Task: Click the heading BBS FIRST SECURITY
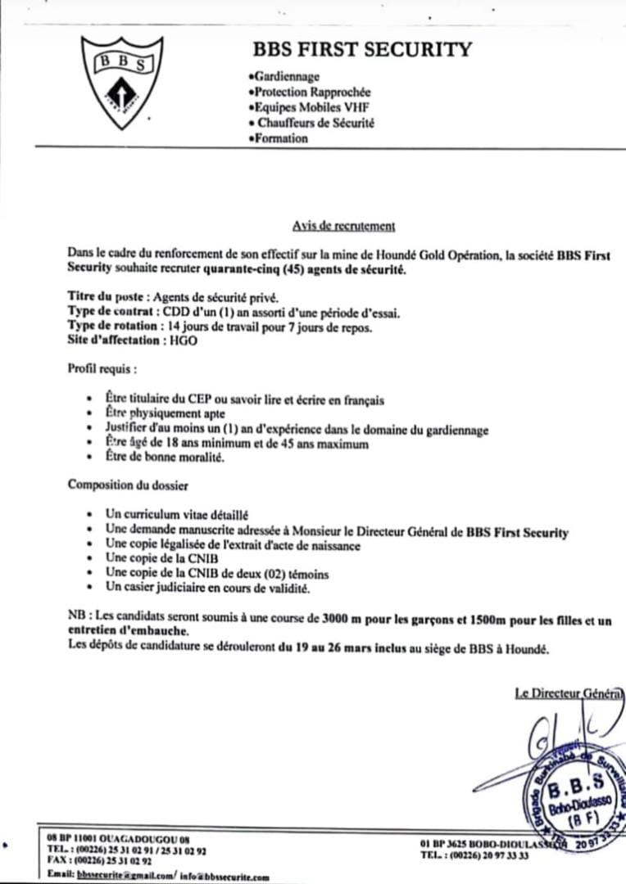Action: pos(361,50)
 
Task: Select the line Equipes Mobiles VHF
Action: pos(305,108)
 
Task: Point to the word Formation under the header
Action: pos(279,139)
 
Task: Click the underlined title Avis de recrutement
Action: pos(344,226)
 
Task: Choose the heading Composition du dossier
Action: pos(128,485)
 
